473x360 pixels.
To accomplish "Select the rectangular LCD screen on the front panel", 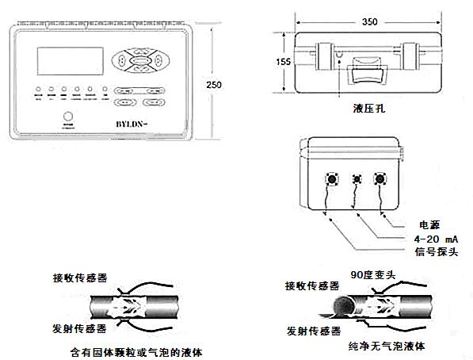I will click(x=68, y=63).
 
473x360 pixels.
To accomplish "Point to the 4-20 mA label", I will click(x=433, y=239).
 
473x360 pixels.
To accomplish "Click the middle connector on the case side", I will click(x=357, y=179).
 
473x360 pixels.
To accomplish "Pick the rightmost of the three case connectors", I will click(x=381, y=179).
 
